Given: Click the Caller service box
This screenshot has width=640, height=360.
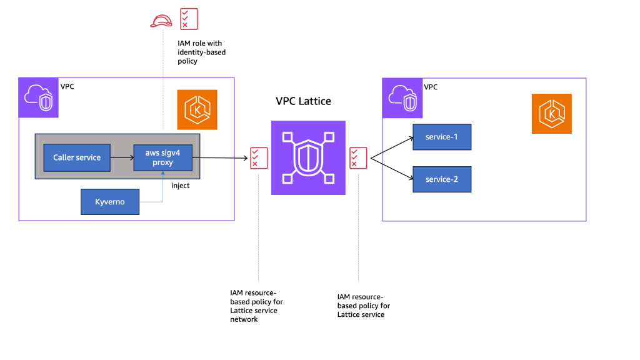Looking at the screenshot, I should [77, 157].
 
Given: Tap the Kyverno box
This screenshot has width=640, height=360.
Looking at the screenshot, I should [110, 202].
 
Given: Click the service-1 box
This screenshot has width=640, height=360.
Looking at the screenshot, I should [441, 137].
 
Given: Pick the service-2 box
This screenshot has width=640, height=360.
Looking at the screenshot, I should [441, 179].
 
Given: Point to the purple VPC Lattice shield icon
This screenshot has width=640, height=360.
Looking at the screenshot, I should [308, 157].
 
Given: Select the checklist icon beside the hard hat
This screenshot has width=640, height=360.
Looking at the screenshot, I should [188, 19].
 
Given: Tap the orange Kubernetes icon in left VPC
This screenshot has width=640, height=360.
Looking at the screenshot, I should [197, 109].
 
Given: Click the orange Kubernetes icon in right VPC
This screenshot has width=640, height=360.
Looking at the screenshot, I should [551, 114].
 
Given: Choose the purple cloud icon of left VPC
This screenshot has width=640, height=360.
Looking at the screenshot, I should [39, 97].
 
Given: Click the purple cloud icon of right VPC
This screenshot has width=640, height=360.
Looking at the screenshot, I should [402, 98].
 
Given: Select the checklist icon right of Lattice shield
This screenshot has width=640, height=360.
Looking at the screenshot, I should [358, 157].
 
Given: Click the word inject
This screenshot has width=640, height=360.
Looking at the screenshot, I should [181, 186].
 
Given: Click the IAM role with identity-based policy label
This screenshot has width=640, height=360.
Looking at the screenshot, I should [197, 52].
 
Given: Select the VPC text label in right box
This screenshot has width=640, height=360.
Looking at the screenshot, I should [431, 86].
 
